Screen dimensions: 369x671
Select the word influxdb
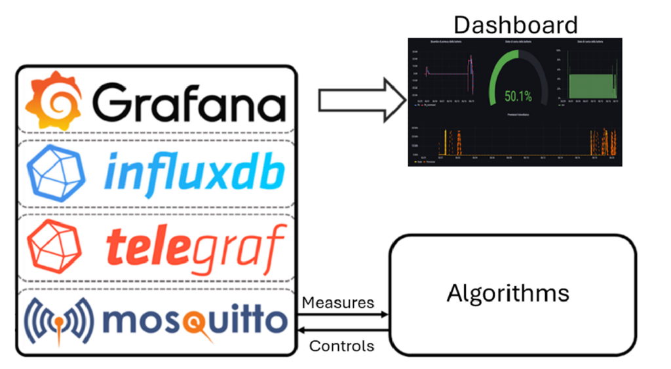[195, 172]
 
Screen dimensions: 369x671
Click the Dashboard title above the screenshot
[516, 25]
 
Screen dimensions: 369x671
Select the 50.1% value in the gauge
[517, 97]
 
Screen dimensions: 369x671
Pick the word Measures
[337, 302]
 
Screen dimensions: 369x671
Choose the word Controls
[341, 345]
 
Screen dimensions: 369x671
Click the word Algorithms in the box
[508, 292]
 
